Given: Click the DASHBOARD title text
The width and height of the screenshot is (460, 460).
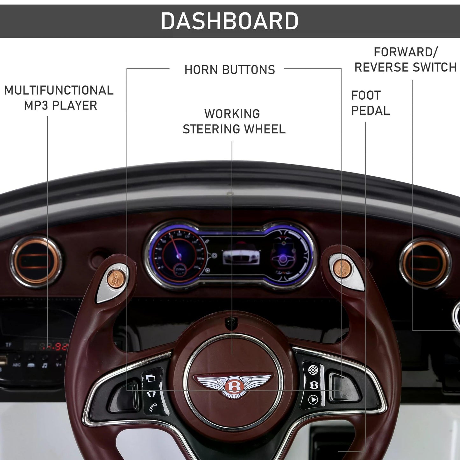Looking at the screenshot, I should (x=230, y=21).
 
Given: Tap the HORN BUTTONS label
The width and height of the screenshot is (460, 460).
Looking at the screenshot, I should (x=230, y=70).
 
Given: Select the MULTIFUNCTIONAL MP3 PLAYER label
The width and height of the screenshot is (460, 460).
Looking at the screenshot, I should (x=59, y=98).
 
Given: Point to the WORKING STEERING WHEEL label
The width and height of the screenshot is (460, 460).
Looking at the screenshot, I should (x=234, y=121).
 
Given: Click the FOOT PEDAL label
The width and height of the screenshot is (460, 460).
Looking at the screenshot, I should (x=370, y=103).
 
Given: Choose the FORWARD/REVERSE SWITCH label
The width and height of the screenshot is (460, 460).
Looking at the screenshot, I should (x=406, y=60).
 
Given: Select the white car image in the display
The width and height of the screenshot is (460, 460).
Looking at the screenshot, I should (x=241, y=256).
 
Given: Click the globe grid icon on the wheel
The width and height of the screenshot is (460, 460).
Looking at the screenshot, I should (x=313, y=370).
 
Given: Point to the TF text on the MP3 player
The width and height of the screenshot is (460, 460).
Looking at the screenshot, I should (x=8, y=345).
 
